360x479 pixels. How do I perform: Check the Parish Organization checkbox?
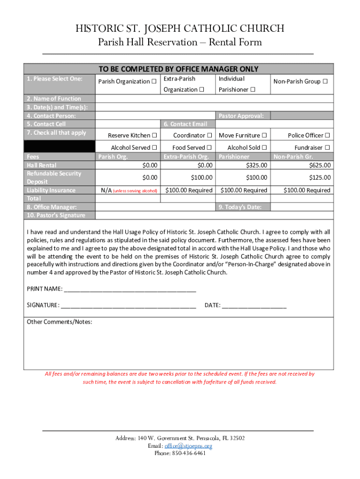pos(154,82)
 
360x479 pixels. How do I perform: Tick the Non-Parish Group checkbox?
pos(325,82)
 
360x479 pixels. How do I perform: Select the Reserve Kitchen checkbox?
pos(154,136)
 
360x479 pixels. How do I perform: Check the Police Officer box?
pos(327,136)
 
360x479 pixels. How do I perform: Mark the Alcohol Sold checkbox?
pos(265,148)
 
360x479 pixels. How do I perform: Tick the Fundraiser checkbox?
pos(327,148)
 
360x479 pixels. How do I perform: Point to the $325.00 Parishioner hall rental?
pos(257,165)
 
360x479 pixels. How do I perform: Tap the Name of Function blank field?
pos(214,99)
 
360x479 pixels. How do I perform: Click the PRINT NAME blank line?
pos(130,289)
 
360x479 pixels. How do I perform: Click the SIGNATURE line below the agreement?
pos(128,306)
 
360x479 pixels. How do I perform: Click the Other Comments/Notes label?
pos(59,322)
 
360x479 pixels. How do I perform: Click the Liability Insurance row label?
pos(51,190)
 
